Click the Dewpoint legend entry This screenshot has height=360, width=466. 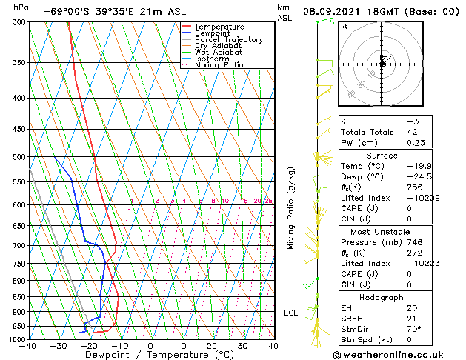213,33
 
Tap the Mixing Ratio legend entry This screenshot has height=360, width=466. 219,65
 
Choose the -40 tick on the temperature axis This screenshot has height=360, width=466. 28,346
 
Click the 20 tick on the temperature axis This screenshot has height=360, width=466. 212,346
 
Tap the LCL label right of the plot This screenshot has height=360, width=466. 290,313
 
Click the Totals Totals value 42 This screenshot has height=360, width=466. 413,132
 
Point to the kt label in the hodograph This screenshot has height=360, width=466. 344,27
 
